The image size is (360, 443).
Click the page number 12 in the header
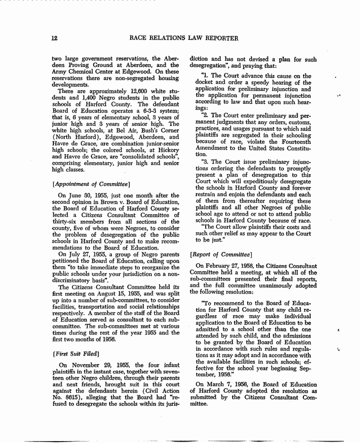55,38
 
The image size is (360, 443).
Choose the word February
218,266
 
